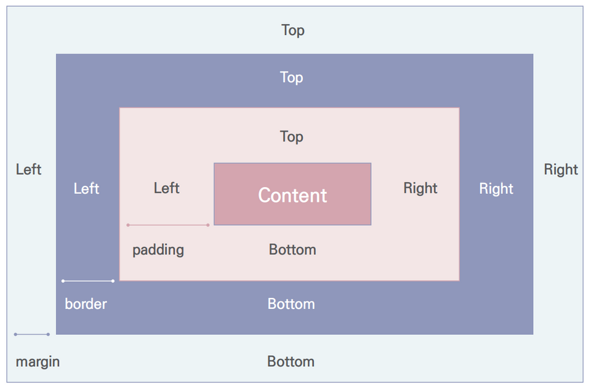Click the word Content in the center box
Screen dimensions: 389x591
292,195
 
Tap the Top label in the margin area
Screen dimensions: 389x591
293,30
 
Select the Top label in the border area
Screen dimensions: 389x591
292,78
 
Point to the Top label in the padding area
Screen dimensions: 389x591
292,137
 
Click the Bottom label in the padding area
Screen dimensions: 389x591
292,250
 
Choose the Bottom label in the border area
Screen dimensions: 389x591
291,304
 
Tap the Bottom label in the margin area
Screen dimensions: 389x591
291,362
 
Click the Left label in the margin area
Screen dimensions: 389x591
28,169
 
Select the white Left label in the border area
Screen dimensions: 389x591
86,189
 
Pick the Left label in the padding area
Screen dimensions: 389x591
166,188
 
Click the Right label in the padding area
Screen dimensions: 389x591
420,188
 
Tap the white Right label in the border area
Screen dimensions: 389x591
496,189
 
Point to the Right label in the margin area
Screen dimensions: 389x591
561,169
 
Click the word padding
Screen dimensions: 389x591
158,250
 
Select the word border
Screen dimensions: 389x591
86,304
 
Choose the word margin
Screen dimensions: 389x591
38,362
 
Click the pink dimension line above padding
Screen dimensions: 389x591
168,225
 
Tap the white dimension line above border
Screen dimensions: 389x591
88,281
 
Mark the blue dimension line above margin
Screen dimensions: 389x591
32,334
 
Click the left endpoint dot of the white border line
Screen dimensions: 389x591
63,281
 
